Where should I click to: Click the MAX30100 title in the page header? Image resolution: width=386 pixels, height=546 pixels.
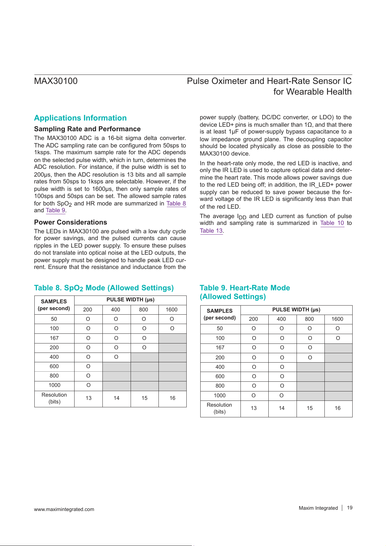coord(56,81)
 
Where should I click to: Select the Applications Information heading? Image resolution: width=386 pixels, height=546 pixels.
coord(80,118)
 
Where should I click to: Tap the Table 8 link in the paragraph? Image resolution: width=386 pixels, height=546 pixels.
coord(176,203)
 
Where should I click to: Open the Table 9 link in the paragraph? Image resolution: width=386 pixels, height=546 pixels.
coord(55,210)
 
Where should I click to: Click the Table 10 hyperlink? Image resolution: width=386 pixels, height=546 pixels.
coord(332,223)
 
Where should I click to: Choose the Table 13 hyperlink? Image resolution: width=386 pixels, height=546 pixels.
coord(211,231)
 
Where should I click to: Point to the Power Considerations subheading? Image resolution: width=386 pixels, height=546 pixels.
coord(70,222)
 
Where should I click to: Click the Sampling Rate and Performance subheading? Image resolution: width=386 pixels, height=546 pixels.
coord(87,129)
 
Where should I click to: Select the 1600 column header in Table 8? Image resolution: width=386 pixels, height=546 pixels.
coord(171,309)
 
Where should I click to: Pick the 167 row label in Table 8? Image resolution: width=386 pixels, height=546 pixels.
coord(54,338)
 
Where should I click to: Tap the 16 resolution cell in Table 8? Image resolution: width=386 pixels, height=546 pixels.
coord(172,398)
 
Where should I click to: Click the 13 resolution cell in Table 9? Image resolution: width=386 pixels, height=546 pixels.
coord(253,408)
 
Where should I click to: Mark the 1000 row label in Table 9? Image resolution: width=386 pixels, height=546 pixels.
coord(220,395)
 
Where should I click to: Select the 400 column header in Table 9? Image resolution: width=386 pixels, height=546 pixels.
coord(281,319)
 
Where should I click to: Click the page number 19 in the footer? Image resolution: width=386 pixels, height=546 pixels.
coord(350,508)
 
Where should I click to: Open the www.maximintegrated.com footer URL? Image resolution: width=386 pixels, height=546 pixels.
coord(64,509)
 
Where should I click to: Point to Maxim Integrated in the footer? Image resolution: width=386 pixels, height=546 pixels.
coord(318,508)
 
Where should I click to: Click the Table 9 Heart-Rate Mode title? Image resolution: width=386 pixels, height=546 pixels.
coord(245,292)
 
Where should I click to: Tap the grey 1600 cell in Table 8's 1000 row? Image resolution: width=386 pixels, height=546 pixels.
coord(172,385)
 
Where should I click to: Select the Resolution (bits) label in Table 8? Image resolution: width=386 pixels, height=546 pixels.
coord(54,398)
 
